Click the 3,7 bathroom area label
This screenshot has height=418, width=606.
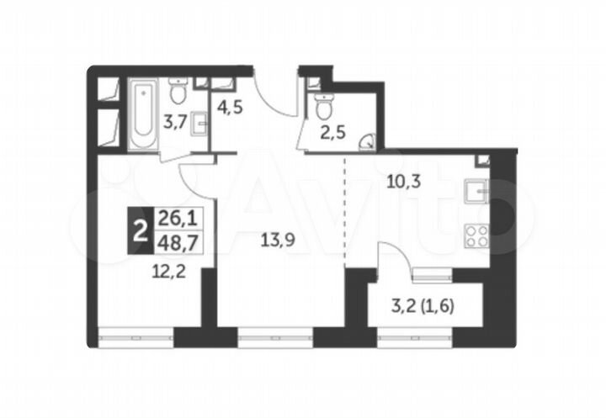(174, 121)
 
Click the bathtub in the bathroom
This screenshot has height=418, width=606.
(141, 115)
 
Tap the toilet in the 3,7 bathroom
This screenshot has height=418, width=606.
(178, 90)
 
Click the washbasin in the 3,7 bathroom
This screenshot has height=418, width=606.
(199, 124)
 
